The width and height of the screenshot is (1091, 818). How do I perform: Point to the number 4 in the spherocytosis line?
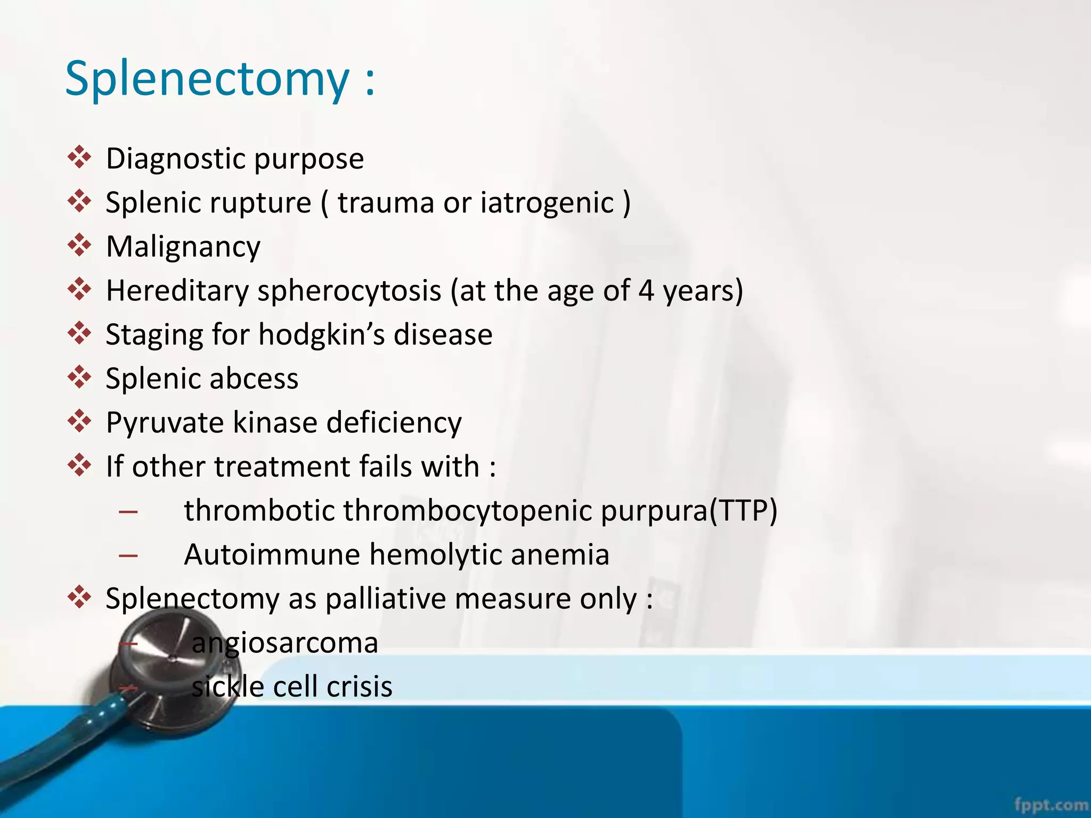click(x=646, y=291)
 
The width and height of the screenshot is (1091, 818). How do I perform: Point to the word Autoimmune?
click(x=272, y=554)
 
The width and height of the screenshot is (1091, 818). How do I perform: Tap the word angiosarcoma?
click(x=284, y=643)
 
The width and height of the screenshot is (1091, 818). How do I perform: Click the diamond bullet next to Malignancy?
click(x=79, y=246)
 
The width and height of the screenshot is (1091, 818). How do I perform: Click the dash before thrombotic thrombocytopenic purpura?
click(x=128, y=512)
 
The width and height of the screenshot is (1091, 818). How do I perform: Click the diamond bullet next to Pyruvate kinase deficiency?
click(x=79, y=421)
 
